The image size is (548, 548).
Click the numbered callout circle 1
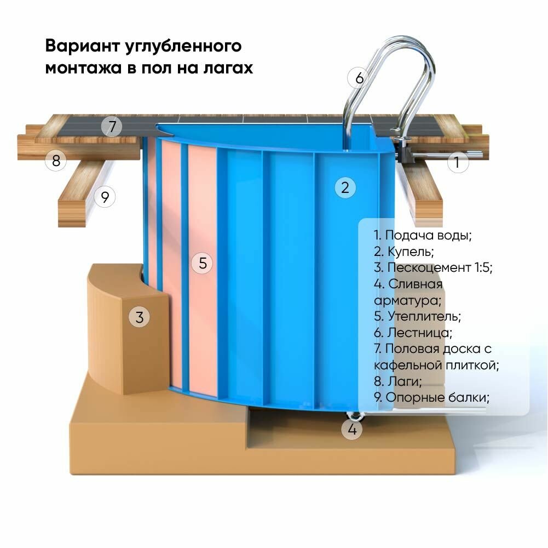point(458,163)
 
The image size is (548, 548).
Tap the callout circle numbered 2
point(345,188)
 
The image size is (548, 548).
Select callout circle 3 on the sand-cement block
point(139,317)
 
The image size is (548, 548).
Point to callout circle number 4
point(352,430)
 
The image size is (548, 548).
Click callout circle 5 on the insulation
point(203,263)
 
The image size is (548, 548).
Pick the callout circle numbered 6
point(359,78)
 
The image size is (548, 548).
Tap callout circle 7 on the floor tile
point(112,127)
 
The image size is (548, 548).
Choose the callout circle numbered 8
point(56,161)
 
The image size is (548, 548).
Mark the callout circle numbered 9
point(105,196)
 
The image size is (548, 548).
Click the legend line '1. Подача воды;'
point(423,236)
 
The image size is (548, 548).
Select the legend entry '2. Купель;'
point(404,252)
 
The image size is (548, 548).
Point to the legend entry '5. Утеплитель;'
point(418,316)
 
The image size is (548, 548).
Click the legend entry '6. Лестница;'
point(413,333)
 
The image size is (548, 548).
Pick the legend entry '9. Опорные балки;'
point(431,397)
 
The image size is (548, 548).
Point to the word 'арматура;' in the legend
point(407,300)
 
